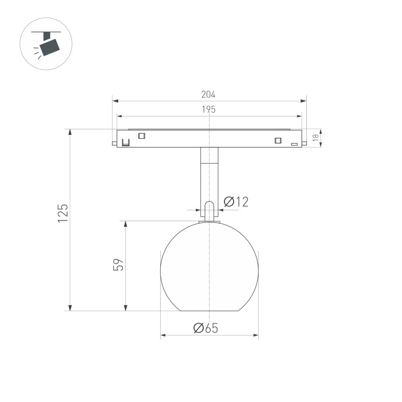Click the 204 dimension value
click(208, 94)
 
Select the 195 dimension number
click(208, 109)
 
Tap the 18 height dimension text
click(316, 138)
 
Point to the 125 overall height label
click(63, 213)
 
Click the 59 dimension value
click(118, 265)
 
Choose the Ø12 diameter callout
click(236, 202)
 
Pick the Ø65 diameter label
click(205, 328)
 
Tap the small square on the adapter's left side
click(141, 136)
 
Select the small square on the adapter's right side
click(277, 140)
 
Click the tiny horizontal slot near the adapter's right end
click(294, 144)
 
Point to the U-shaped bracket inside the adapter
click(126, 143)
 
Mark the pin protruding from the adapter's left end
click(115, 143)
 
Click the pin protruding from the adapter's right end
click(304, 143)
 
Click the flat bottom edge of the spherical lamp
click(209, 311)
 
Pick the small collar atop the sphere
click(209, 222)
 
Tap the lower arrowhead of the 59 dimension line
click(126, 308)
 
